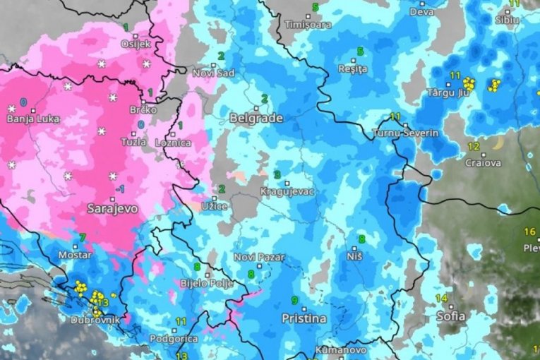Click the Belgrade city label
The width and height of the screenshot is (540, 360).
coord(256,119)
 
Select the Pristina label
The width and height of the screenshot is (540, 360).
coord(304,318)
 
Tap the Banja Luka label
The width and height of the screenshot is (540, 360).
coord(34,119)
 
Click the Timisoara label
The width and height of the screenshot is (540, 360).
coord(307,24)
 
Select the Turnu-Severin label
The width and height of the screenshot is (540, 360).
coord(405,133)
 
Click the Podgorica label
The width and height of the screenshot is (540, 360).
coord(169,339)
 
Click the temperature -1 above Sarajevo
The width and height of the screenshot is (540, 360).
coord(121,189)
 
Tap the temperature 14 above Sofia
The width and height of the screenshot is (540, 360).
coord(441,298)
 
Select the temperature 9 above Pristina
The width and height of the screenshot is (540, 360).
coord(294,301)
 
